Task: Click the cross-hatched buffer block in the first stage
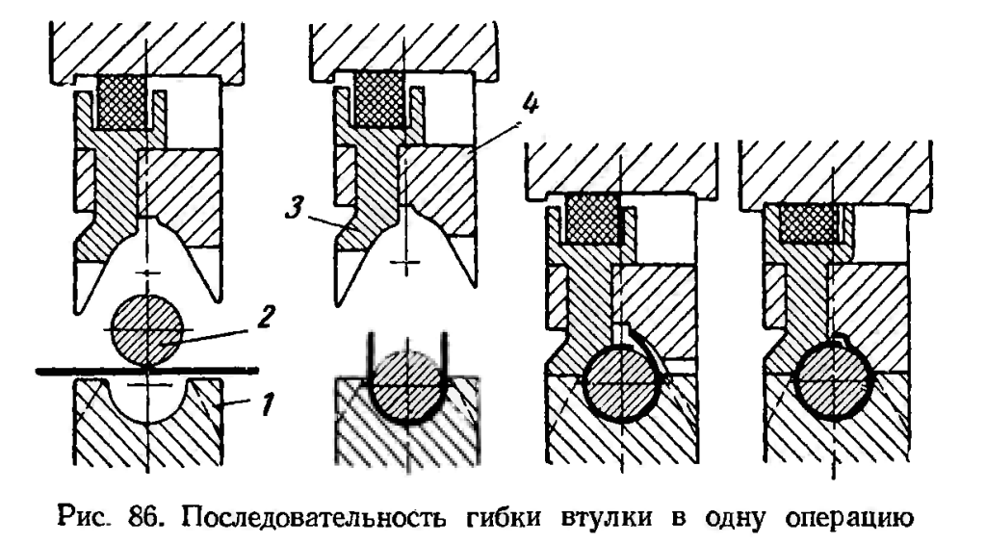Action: click(122, 100)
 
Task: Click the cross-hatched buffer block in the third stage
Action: click(590, 220)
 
